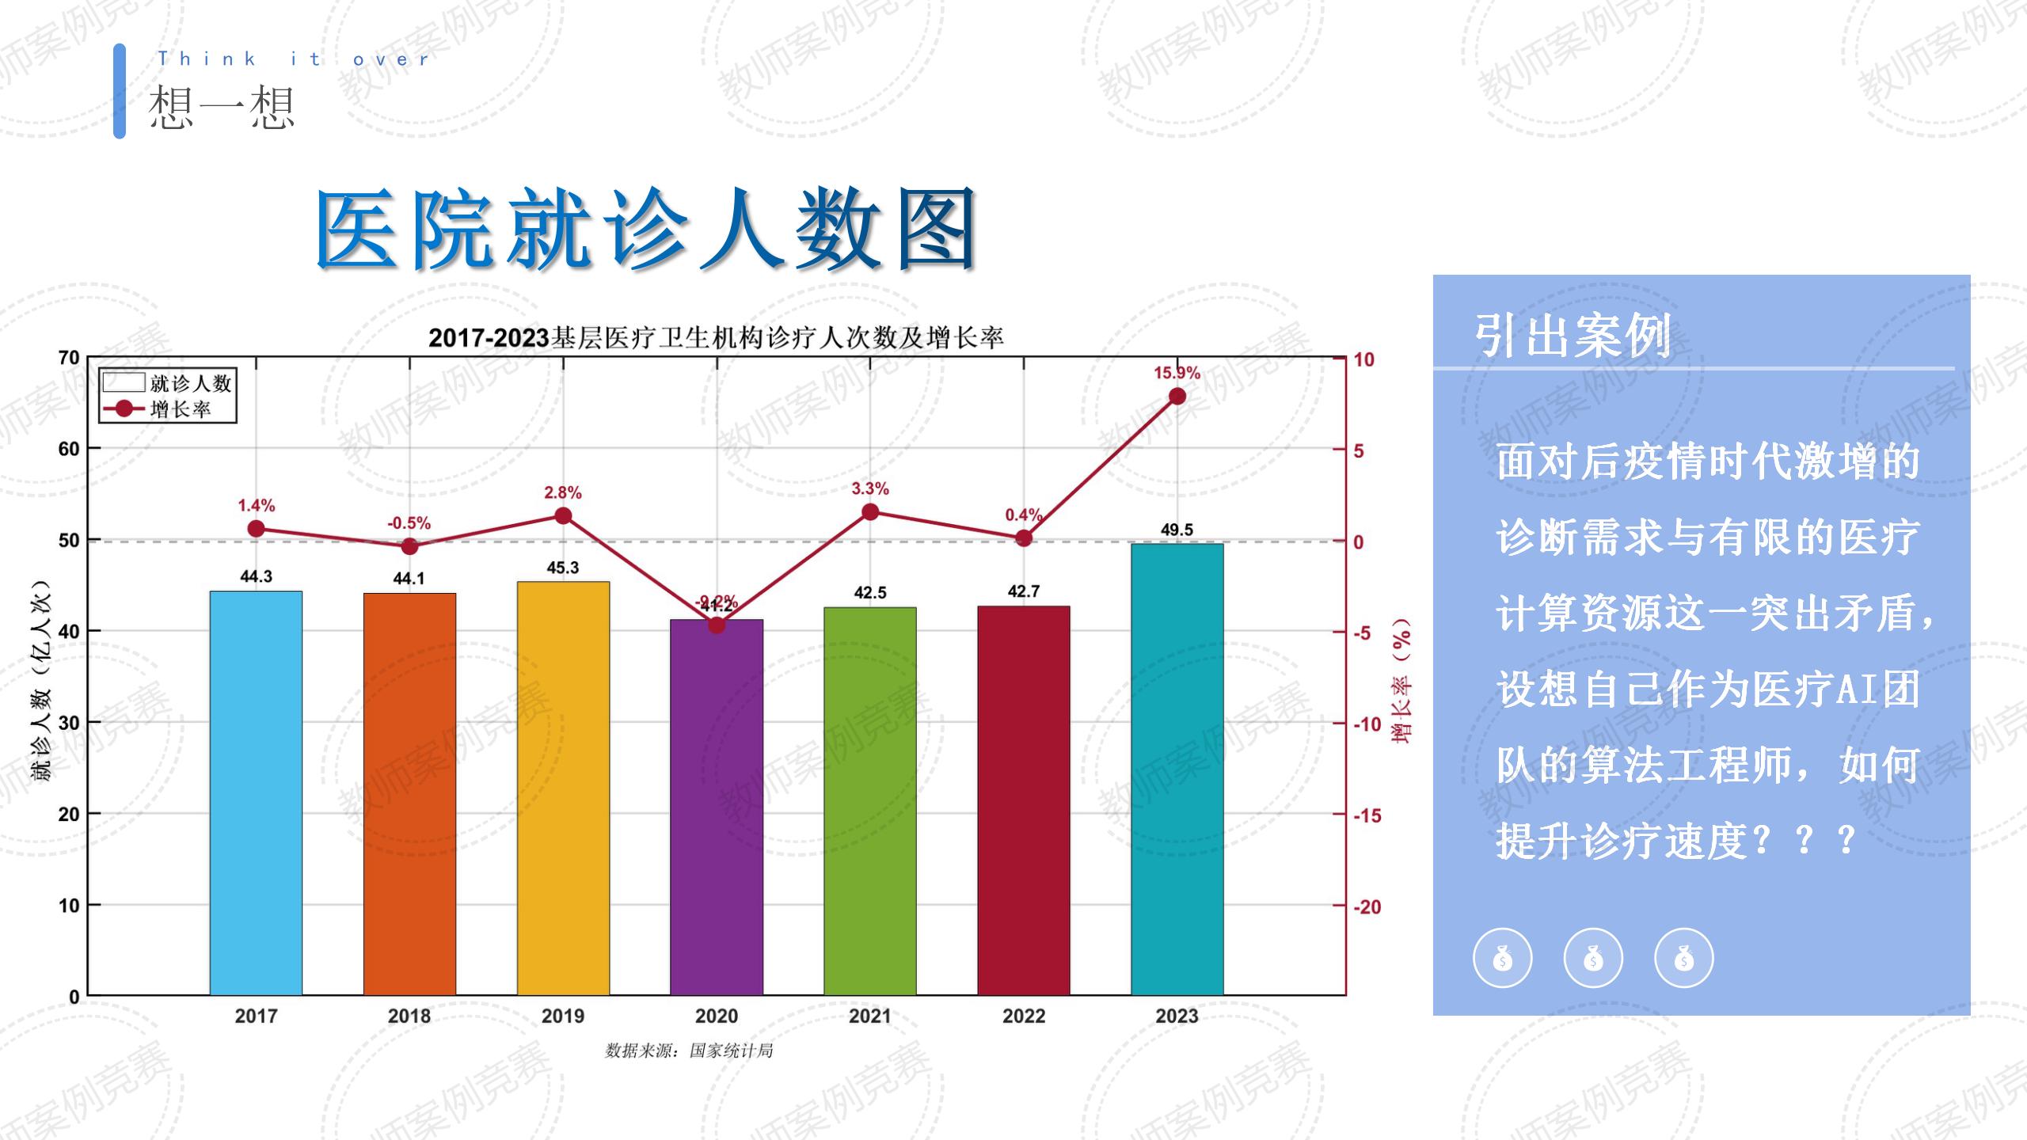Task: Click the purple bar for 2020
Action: pyautogui.click(x=717, y=807)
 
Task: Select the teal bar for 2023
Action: pyautogui.click(x=1177, y=768)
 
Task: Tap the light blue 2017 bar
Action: pyautogui.click(x=256, y=792)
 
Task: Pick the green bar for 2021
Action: pyautogui.click(x=869, y=800)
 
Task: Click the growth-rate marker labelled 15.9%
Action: pyautogui.click(x=1177, y=396)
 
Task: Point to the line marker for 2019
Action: pyautogui.click(x=563, y=516)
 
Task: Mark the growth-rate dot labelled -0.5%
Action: pyautogui.click(x=409, y=546)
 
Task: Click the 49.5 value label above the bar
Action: pyautogui.click(x=1177, y=530)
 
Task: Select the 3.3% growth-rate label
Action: pyautogui.click(x=869, y=488)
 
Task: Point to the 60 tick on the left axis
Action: pyautogui.click(x=69, y=449)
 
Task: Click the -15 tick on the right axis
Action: pyautogui.click(x=1367, y=815)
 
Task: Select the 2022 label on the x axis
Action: pyautogui.click(x=1023, y=1016)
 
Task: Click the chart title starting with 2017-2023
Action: pyautogui.click(x=716, y=338)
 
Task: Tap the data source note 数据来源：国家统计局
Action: pyautogui.click(x=689, y=1051)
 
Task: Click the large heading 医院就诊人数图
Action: pyautogui.click(x=645, y=230)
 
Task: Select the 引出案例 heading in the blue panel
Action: pyautogui.click(x=1572, y=336)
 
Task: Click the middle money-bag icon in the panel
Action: pyautogui.click(x=1593, y=958)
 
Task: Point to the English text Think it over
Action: pyautogui.click(x=293, y=59)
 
